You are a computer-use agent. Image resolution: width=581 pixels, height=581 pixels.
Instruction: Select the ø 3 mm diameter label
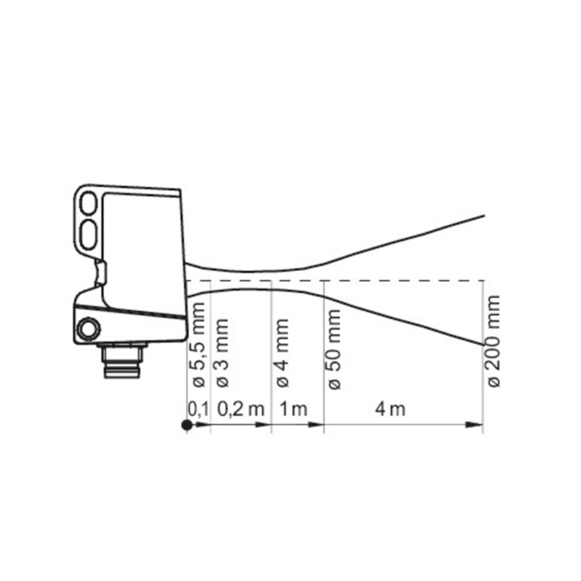click(x=222, y=353)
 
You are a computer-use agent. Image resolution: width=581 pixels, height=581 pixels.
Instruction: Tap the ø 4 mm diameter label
click(x=282, y=353)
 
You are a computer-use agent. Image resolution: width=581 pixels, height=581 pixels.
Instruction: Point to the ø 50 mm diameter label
click(x=333, y=349)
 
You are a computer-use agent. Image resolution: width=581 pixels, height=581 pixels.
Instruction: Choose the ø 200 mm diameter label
click(x=494, y=341)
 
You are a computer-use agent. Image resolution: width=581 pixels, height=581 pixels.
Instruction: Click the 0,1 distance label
click(x=198, y=410)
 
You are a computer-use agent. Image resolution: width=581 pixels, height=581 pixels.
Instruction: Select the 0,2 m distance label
click(x=241, y=410)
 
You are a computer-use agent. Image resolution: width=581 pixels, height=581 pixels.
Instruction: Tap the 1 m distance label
click(x=293, y=410)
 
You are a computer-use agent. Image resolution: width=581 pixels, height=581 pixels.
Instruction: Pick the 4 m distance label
click(x=390, y=410)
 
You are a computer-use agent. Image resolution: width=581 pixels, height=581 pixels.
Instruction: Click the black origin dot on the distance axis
click(x=187, y=425)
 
